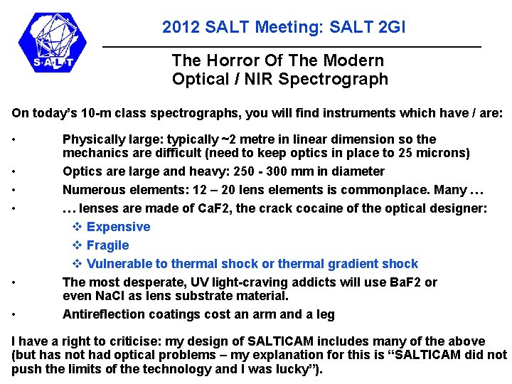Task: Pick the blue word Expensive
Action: (118, 227)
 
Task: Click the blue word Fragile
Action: (107, 245)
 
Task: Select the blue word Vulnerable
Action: (119, 264)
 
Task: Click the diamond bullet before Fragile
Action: (78, 245)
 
